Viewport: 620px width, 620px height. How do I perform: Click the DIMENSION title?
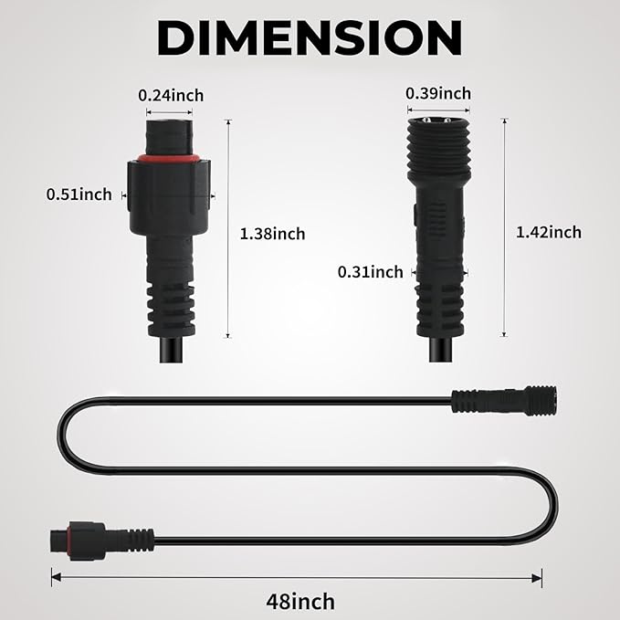(310, 37)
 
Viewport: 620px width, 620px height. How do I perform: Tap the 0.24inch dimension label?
(171, 95)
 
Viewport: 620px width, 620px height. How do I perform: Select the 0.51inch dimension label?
(79, 194)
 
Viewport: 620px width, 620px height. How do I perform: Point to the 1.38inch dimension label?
(272, 234)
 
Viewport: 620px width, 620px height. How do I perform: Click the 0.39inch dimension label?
(438, 94)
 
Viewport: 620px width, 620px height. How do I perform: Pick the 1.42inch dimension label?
(549, 232)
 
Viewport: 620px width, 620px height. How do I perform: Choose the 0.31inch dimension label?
(371, 272)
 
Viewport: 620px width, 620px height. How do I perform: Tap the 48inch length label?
(300, 602)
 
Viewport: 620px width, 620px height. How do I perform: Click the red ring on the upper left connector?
(169, 159)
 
